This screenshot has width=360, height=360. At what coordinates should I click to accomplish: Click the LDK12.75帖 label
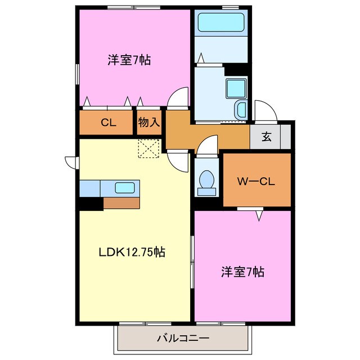tap(133, 253)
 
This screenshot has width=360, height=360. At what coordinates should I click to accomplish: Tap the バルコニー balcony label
tap(183, 339)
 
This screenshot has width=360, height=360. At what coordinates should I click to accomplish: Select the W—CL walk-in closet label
tap(255, 181)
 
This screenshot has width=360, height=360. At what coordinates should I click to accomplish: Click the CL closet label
tap(109, 123)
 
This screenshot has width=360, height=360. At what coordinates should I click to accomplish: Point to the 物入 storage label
tap(149, 123)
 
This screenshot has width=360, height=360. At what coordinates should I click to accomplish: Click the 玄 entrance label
tap(265, 137)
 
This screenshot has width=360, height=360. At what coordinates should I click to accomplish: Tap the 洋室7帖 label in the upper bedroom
tap(129, 60)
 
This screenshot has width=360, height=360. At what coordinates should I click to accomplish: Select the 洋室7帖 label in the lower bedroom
tap(242, 272)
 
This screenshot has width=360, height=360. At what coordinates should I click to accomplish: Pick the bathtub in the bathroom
tap(221, 22)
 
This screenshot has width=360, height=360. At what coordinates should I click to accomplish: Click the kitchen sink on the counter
tap(124, 188)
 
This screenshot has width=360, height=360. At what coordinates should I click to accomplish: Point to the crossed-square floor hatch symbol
tap(149, 148)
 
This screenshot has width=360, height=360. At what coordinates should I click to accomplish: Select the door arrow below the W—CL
tap(259, 214)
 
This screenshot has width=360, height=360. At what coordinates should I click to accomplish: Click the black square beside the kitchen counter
tap(91, 203)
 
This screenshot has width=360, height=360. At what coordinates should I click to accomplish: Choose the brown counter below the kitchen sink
tap(121, 202)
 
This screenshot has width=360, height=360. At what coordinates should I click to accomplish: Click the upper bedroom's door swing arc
tap(179, 97)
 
